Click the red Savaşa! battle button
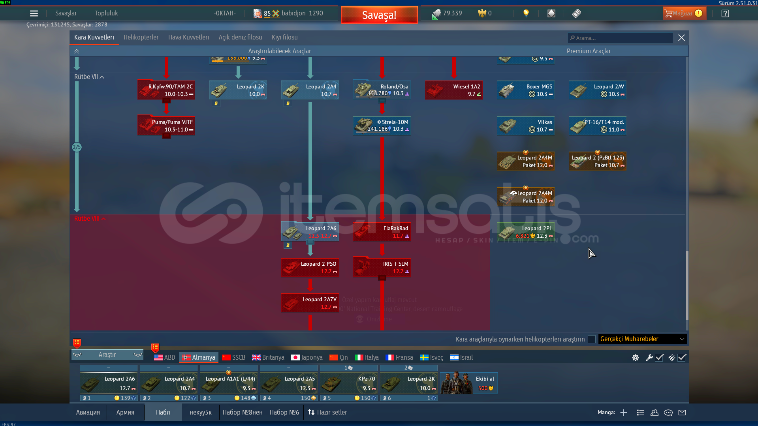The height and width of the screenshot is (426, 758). pyautogui.click(x=379, y=15)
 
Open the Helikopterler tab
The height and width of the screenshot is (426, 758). pyautogui.click(x=141, y=38)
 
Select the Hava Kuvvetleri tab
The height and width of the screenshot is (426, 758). pyautogui.click(x=188, y=38)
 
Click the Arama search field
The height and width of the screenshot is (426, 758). pyautogui.click(x=620, y=38)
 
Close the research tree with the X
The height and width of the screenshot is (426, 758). pyautogui.click(x=681, y=38)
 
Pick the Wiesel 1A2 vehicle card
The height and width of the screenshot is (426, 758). pyautogui.click(x=453, y=90)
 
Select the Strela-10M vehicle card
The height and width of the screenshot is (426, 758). pyautogui.click(x=382, y=126)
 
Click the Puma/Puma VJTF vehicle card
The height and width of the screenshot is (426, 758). pyautogui.click(x=166, y=126)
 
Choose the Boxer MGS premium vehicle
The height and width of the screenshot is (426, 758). pyautogui.click(x=525, y=90)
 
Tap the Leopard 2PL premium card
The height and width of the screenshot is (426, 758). pyautogui.click(x=525, y=232)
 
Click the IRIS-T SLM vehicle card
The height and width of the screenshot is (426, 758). pyautogui.click(x=382, y=268)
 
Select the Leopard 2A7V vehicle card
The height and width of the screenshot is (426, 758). pyautogui.click(x=310, y=303)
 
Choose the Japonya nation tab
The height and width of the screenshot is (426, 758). pyautogui.click(x=307, y=358)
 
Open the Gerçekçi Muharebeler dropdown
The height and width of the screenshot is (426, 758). pyautogui.click(x=642, y=339)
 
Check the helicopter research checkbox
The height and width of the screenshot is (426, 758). pyautogui.click(x=591, y=339)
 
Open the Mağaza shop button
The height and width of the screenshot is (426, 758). pyautogui.click(x=683, y=13)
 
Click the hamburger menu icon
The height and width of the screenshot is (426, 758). pyautogui.click(x=34, y=13)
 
